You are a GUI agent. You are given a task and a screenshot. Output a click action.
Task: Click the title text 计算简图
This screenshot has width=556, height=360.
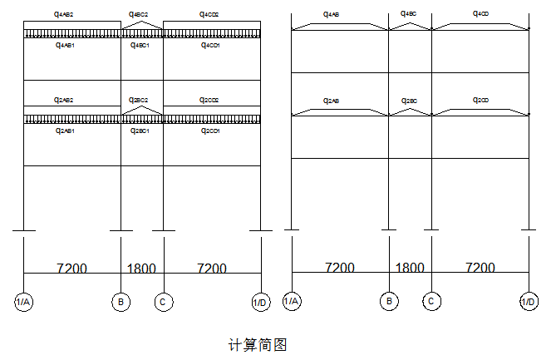257,344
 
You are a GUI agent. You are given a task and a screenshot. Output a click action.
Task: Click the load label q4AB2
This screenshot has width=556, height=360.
63,15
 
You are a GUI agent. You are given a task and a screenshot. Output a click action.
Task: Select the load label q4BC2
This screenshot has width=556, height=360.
139,15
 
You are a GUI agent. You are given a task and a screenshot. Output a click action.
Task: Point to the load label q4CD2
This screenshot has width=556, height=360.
209,15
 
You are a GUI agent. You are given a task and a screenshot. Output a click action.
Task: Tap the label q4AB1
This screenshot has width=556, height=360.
65,45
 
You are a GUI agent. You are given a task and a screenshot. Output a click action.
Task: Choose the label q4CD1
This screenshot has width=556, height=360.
210,45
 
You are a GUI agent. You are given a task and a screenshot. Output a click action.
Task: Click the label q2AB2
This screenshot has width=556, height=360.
64,100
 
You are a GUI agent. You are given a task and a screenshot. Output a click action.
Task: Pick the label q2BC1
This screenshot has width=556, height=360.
139,131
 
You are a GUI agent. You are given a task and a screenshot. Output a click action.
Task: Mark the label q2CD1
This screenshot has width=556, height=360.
210,131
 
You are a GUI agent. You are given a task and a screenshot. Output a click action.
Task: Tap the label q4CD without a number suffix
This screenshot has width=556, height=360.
481,14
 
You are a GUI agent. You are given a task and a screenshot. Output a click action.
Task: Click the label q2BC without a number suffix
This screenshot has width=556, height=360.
409,100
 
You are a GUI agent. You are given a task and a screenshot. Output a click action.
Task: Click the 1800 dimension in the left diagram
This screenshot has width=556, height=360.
141,269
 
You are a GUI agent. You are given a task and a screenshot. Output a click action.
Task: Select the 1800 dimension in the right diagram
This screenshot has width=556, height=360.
409,268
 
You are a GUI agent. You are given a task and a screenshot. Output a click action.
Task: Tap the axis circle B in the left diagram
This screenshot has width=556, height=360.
121,302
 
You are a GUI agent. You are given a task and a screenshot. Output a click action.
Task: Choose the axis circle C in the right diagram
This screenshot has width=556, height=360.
431,302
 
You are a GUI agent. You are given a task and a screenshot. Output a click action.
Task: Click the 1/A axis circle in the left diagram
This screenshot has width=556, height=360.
23,302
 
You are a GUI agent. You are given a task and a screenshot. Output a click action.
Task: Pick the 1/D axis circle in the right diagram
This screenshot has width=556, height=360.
529,302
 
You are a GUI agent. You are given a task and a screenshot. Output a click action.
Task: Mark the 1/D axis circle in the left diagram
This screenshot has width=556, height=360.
261,302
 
